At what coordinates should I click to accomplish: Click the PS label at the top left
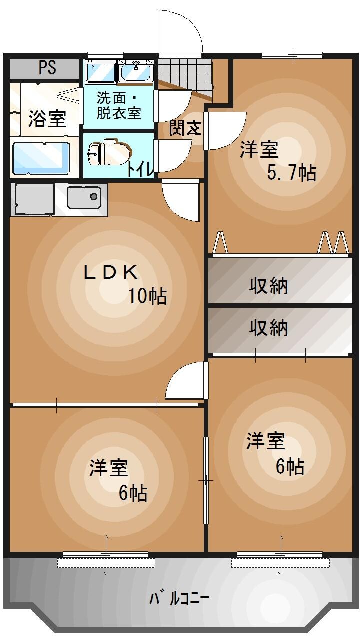pos(48,68)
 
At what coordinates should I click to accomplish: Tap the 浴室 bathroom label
pos(47,120)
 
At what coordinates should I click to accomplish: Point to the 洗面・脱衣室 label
pos(119,105)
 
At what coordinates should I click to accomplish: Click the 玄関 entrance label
pos(185,128)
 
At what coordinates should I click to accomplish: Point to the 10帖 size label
pos(148,296)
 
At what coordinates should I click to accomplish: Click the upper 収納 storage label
pos(269,286)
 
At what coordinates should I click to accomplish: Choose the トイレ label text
pos(140,169)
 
